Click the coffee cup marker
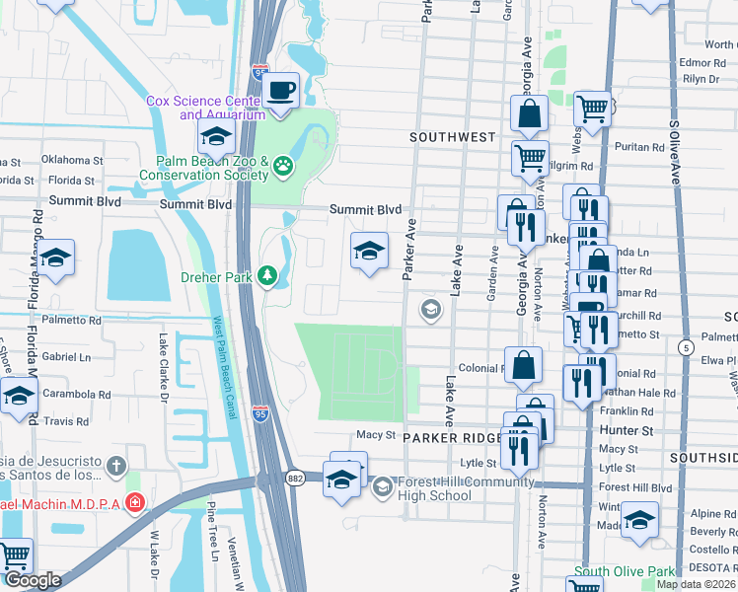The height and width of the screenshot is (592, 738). [282, 92]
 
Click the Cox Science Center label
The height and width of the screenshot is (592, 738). [205, 108]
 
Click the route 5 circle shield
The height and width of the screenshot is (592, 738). [685, 347]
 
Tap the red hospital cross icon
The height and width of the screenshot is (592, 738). [135, 503]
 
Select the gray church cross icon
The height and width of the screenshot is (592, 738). [116, 464]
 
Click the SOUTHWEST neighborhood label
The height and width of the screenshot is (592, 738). [453, 137]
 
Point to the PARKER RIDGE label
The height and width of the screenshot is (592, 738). [454, 437]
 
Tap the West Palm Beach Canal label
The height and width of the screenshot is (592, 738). [223, 366]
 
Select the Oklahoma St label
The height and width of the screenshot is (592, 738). [71, 160]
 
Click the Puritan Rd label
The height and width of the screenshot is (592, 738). [641, 147]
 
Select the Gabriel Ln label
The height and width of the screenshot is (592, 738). [66, 357]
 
